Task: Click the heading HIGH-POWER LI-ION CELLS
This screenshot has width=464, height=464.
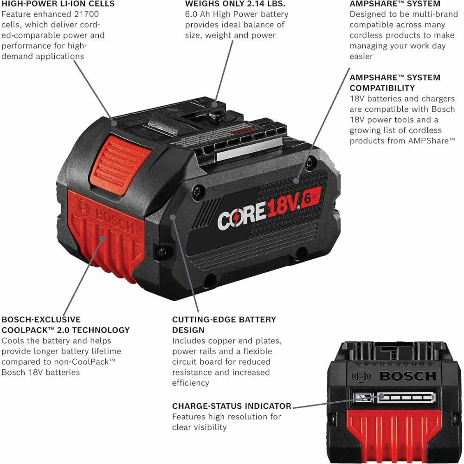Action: pos(58,4)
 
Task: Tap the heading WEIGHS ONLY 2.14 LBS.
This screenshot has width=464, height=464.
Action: pos(235,4)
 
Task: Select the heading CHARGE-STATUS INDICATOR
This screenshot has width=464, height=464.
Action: pos(232,406)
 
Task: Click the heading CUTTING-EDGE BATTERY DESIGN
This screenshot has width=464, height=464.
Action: pos(224,325)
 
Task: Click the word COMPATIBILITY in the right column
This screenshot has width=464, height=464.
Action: pos(382,88)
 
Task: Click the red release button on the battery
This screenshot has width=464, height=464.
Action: pos(121,165)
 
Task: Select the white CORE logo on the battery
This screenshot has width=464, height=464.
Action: pos(242,216)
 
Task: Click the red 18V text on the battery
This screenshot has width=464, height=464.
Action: pos(283,205)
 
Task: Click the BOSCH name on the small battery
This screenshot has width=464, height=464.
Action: pos(408,376)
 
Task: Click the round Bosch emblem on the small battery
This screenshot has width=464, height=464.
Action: pos(361,376)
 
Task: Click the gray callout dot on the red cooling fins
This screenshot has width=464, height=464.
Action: pos(103,238)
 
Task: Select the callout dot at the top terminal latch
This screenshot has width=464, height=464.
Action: pos(215,104)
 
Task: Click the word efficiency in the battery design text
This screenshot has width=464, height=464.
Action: pos(191,383)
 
